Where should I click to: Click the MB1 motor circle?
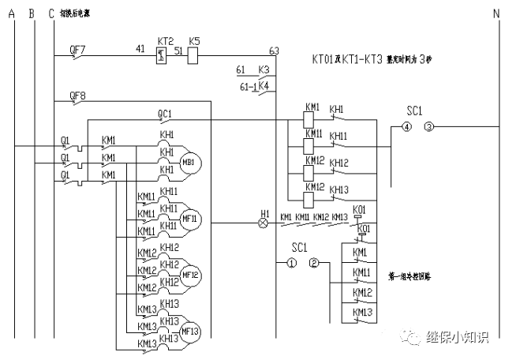click(x=190, y=162)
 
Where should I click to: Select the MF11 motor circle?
click(x=190, y=218)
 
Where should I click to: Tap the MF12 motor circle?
click(x=190, y=274)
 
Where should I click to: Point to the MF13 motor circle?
click(x=190, y=330)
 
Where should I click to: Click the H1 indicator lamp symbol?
click(x=264, y=223)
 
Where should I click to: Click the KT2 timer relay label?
click(x=165, y=39)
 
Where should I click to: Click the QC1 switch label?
click(x=165, y=114)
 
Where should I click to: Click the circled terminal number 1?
click(x=291, y=263)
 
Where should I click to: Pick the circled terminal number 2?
click(x=314, y=263)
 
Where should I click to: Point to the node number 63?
click(x=274, y=51)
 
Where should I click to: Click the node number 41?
click(x=140, y=49)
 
